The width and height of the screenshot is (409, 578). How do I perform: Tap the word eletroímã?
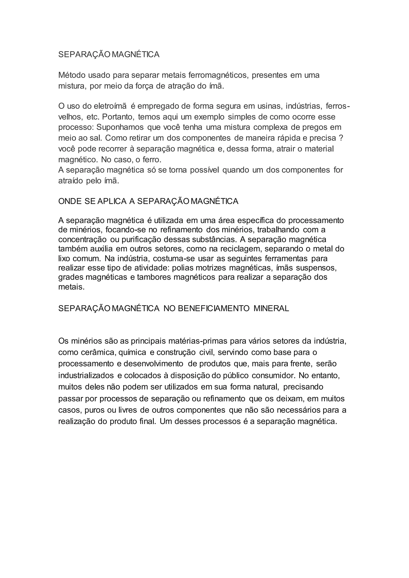[110, 106]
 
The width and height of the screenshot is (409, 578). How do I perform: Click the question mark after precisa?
[341, 138]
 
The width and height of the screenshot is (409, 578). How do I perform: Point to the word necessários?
[298, 410]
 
